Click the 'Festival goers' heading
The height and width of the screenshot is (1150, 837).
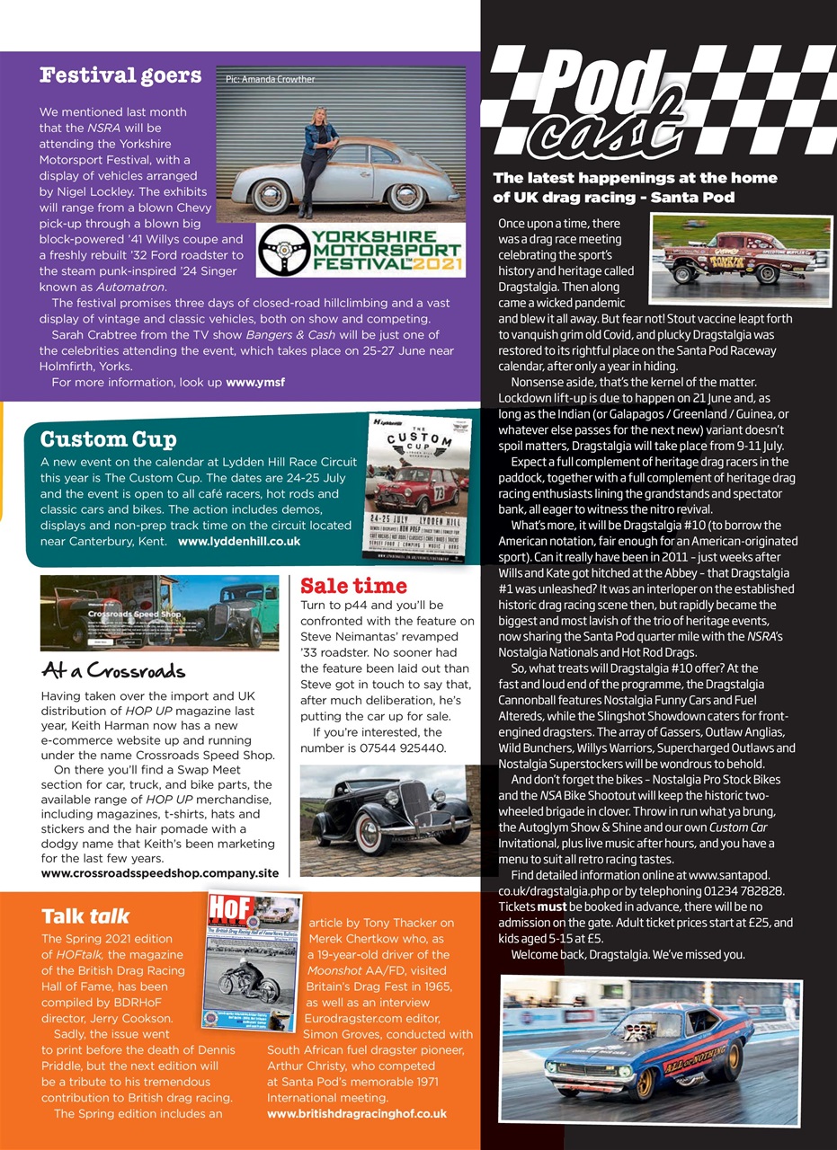(x=120, y=75)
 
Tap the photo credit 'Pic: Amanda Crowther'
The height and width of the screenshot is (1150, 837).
(x=271, y=79)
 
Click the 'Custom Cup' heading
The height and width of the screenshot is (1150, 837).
(x=108, y=439)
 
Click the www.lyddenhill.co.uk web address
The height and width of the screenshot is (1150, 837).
(x=239, y=542)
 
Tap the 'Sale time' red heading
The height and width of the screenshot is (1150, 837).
(x=353, y=586)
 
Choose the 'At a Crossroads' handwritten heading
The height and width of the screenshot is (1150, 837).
(x=113, y=670)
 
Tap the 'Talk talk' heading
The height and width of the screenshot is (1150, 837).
(x=85, y=916)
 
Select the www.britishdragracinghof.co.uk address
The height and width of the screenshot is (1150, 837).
(x=357, y=1113)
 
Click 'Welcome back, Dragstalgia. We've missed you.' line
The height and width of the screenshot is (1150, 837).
(x=628, y=953)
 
